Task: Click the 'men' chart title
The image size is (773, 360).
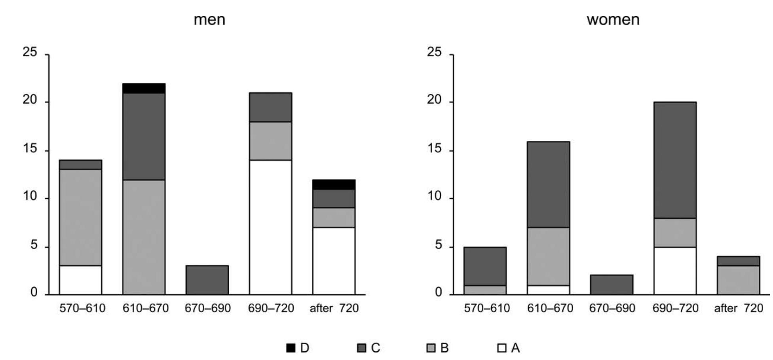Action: [x=209, y=20]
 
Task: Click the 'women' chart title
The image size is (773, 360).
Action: [x=613, y=20]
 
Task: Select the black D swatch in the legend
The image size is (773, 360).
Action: [x=291, y=348]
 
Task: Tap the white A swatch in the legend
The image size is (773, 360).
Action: [x=502, y=348]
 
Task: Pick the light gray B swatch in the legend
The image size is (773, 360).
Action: [x=431, y=348]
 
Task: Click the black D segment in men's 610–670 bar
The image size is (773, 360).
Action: [x=144, y=88]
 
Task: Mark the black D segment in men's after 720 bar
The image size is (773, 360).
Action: [x=334, y=184]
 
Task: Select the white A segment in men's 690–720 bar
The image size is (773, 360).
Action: [x=270, y=227]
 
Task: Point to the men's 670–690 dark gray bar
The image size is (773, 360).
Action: [x=207, y=280]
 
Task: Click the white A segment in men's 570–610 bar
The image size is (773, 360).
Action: [x=81, y=280]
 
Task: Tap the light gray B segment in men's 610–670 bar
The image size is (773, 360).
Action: [x=144, y=237]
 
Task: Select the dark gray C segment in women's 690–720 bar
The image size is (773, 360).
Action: [x=675, y=160]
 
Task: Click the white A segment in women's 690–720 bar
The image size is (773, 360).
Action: [x=675, y=271]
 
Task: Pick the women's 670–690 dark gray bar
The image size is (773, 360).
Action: [x=612, y=285]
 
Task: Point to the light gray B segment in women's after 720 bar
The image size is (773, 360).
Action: [x=738, y=280]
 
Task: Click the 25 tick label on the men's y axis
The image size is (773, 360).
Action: [x=30, y=52]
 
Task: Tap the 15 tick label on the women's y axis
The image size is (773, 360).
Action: [x=434, y=149]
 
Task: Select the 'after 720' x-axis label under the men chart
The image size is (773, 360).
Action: [x=334, y=308]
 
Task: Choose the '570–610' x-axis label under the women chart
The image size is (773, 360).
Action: [x=487, y=308]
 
